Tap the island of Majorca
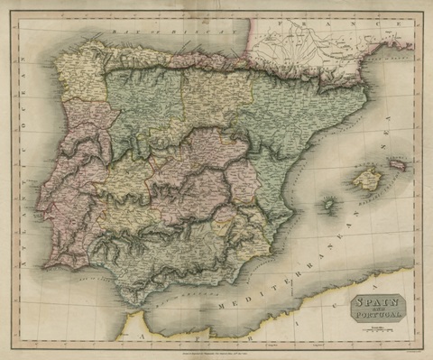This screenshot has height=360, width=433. [365, 180]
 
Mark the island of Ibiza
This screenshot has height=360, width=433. [328, 205]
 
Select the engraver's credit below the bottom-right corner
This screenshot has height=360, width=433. [397, 347]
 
